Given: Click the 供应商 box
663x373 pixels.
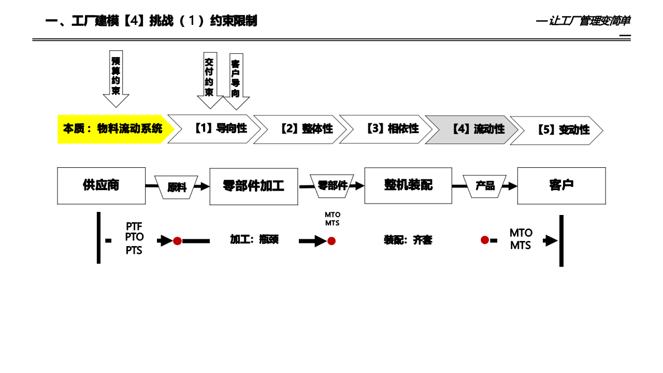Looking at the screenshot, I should click(101, 185).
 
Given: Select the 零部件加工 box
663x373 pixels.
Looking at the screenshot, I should click(254, 186).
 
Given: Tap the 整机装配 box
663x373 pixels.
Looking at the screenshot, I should click(408, 185).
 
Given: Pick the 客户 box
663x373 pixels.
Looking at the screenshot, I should click(561, 185).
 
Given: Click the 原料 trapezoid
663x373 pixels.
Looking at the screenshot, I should click(177, 187).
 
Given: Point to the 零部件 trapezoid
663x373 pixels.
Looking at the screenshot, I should click(332, 185).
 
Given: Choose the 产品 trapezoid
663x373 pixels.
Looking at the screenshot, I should click(485, 186).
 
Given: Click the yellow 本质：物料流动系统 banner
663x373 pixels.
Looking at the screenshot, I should click(112, 129).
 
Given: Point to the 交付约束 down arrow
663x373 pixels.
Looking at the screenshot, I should click(209, 78).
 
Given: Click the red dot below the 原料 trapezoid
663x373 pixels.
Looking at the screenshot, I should click(177, 241).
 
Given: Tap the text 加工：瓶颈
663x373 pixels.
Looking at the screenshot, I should click(254, 239).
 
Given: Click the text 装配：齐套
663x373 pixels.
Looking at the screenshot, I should click(408, 240).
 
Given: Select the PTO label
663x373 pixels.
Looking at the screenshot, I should click(134, 237).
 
